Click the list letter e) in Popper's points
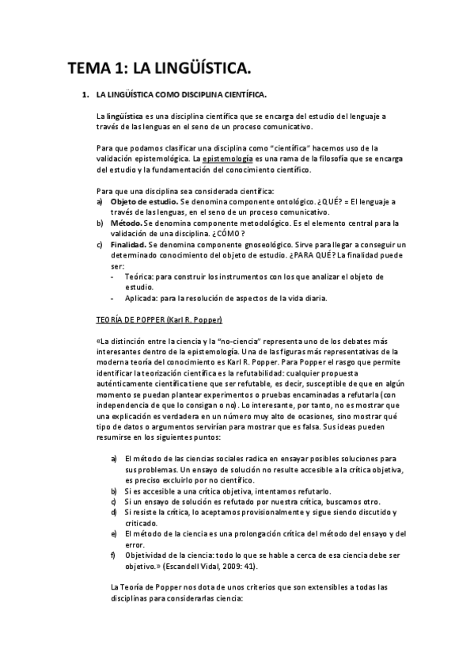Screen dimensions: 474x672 point(115,533)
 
